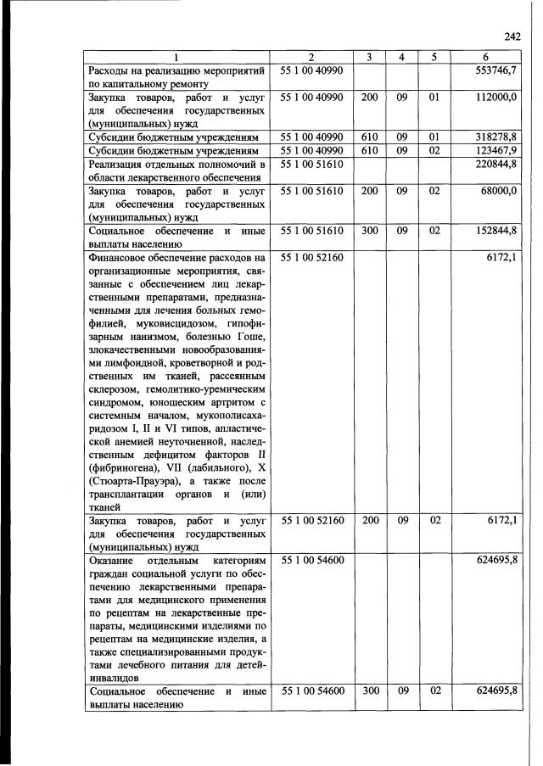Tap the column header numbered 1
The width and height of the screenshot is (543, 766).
[x=176, y=58]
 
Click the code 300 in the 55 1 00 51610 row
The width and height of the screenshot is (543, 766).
[x=370, y=230]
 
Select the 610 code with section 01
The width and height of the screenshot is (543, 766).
[x=370, y=136]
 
